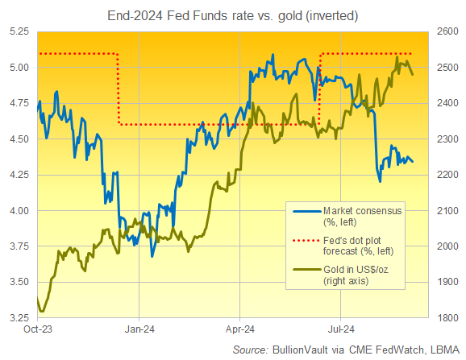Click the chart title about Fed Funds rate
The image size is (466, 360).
coord(233,14)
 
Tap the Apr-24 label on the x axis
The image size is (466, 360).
coord(239,329)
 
